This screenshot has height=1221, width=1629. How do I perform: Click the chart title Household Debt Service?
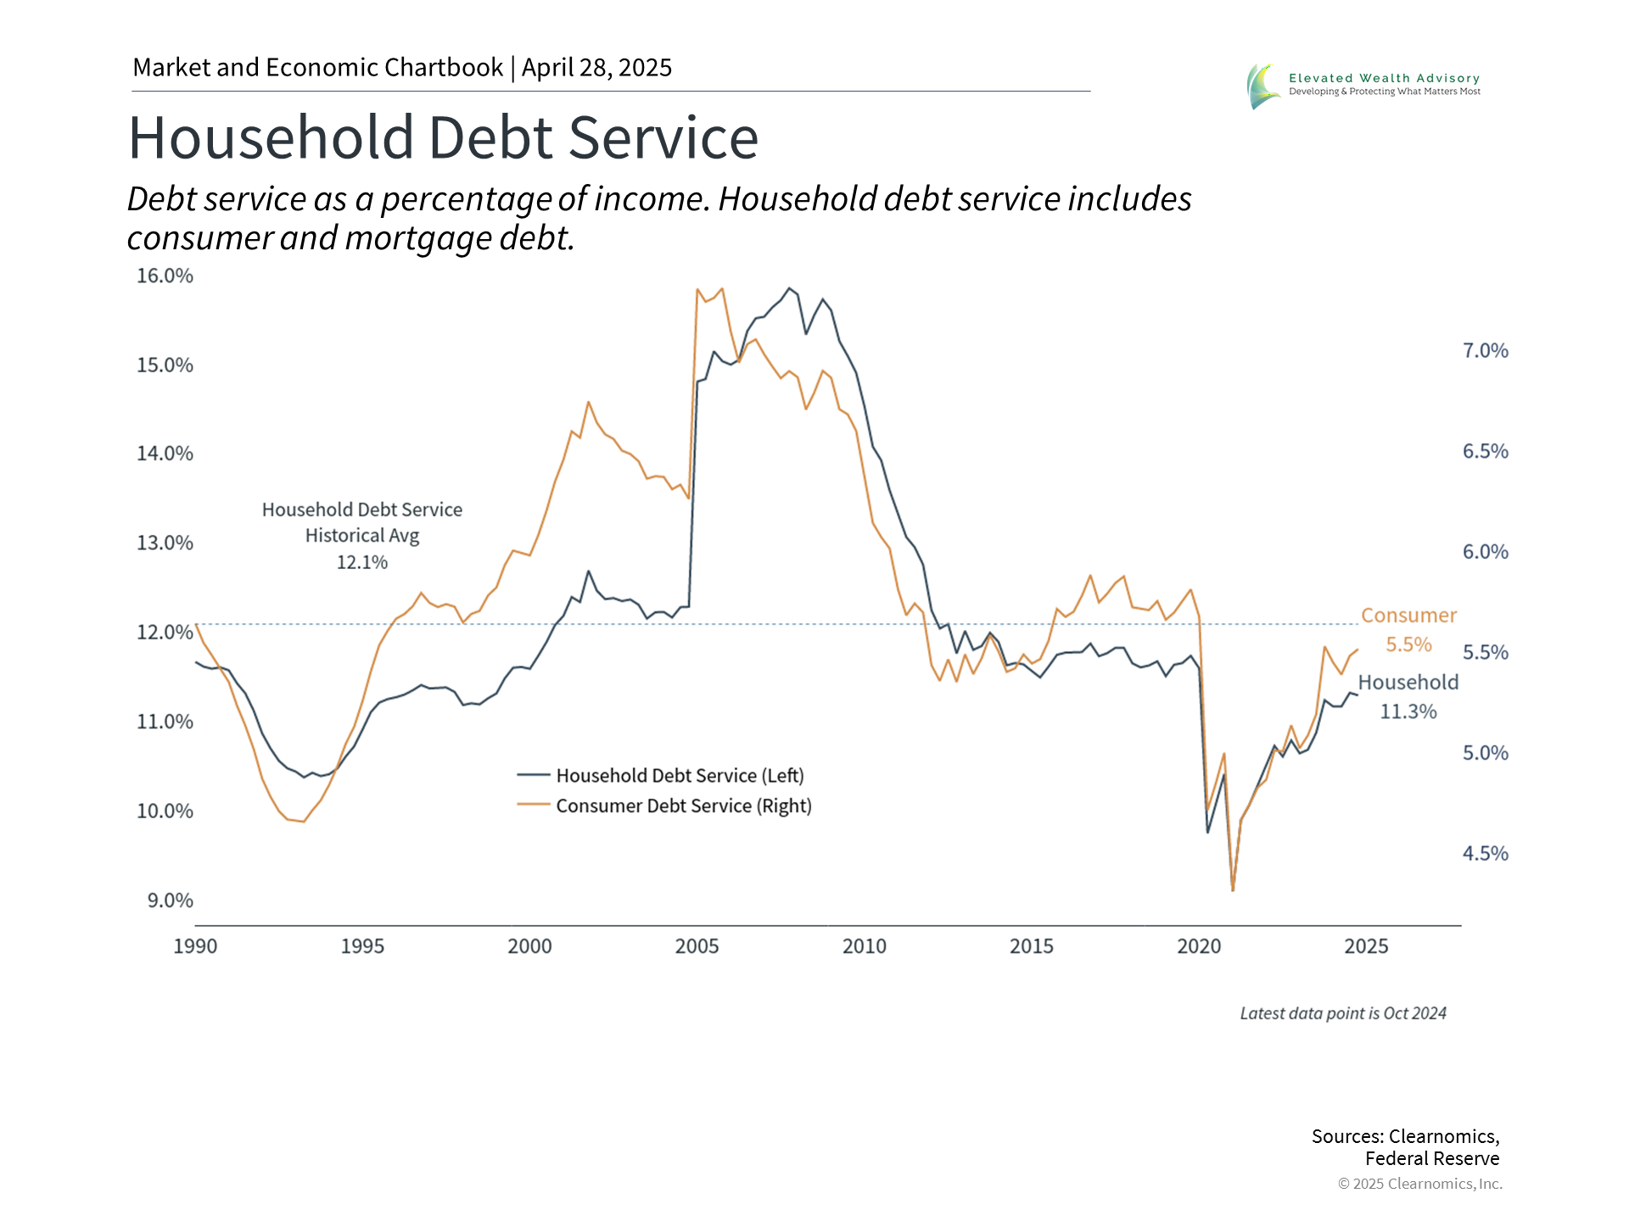pos(443,137)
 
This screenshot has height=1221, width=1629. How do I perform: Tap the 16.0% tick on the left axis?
pos(165,276)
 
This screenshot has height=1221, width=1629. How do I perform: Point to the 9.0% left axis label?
pos(170,900)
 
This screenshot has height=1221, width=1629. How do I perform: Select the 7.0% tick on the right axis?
pos(1485,351)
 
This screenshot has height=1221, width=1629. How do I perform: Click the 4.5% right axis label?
pos(1485,854)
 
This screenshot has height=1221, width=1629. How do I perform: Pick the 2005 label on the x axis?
pos(697,946)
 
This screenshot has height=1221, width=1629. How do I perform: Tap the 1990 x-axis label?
pos(195,946)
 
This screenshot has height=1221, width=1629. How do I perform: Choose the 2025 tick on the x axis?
pos(1366,946)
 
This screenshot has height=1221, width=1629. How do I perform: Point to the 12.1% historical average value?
pos(362,562)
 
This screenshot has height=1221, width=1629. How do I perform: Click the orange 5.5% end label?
pos(1408,644)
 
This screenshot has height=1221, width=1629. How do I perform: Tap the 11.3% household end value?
pos(1408,711)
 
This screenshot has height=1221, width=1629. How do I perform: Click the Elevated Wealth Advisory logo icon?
pos(1263,86)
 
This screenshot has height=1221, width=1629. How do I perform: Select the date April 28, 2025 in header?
pos(596,68)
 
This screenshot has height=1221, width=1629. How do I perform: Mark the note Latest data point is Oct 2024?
pos(1343,1013)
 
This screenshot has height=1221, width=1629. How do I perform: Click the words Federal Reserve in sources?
pos(1432,1159)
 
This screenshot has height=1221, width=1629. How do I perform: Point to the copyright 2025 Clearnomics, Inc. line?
pos(1420,1184)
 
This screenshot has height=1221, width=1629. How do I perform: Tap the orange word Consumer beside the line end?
pos(1408,616)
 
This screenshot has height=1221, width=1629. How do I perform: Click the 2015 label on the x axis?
pos(1032,946)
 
